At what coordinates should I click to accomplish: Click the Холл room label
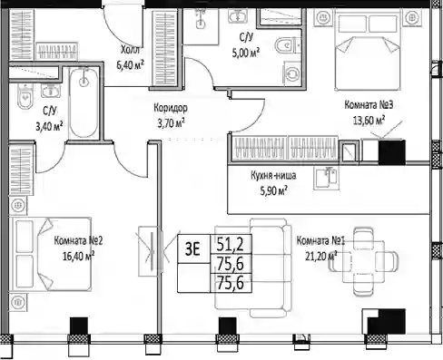pyautogui.click(x=130, y=50)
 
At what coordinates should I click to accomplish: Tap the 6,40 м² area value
pyautogui.click(x=130, y=64)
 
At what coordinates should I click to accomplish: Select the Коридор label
pyautogui.click(x=171, y=108)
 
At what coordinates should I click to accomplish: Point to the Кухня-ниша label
pyautogui.click(x=273, y=176)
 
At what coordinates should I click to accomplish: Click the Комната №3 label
pyautogui.click(x=369, y=105)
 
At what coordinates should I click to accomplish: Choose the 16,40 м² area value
pyautogui.click(x=78, y=257)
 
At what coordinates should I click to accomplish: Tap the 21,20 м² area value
pyautogui.click(x=321, y=257)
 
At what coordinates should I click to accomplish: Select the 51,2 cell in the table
pyautogui.click(x=231, y=244)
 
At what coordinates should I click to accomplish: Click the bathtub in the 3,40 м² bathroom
pyautogui.click(x=84, y=102)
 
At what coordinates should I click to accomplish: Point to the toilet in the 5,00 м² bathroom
pyautogui.click(x=288, y=45)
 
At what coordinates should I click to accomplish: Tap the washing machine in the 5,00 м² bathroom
pyautogui.click(x=292, y=73)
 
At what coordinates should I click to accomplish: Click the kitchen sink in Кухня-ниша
pyautogui.click(x=327, y=179)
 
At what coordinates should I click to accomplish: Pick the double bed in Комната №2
pyautogui.click(x=50, y=254)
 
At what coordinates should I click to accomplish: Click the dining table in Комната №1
pyautogui.click(x=363, y=261)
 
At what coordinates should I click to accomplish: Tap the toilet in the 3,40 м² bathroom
pyautogui.click(x=25, y=96)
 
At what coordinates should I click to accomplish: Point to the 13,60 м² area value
pyautogui.click(x=369, y=121)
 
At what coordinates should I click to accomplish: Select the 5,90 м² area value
pyautogui.click(x=273, y=190)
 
